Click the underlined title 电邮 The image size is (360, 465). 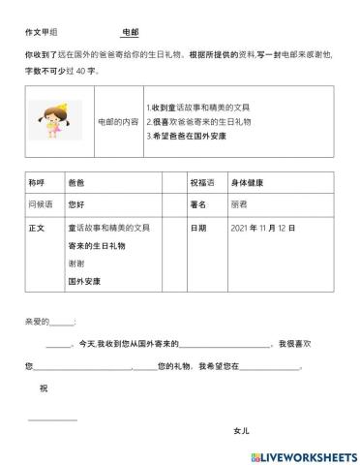pyautogui.click(x=131, y=32)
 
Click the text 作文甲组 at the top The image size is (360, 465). pyautogui.click(x=41, y=32)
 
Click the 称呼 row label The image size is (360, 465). pyautogui.click(x=38, y=181)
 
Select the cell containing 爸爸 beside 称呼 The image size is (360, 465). pyautogui.click(x=76, y=181)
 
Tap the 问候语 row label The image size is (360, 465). pyautogui.click(x=41, y=204)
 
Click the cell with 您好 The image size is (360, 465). pyautogui.click(x=76, y=204)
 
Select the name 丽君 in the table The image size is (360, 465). pyautogui.click(x=239, y=204)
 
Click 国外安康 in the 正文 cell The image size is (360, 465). pyautogui.click(x=84, y=281)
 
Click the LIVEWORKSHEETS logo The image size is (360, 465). pyautogui.click(x=303, y=455)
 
